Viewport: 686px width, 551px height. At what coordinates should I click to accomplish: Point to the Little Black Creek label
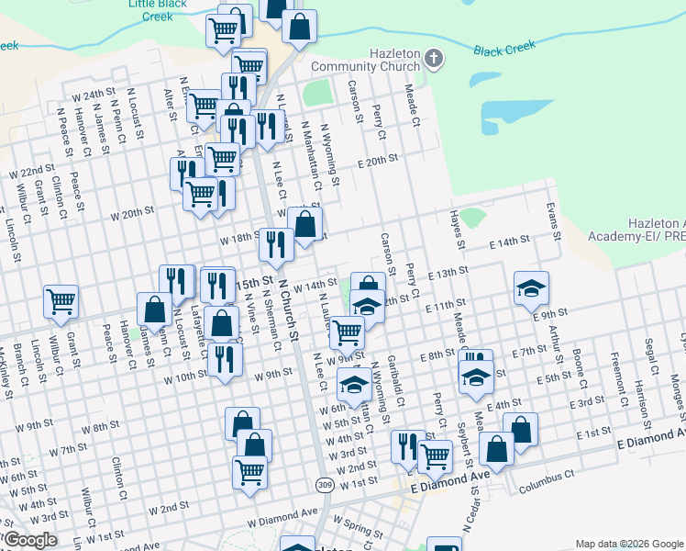point(158,8)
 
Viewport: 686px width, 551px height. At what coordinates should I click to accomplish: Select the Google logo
point(30,541)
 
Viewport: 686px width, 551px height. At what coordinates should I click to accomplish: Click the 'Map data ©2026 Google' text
point(629,544)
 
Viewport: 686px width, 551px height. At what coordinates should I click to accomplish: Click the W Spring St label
point(358,525)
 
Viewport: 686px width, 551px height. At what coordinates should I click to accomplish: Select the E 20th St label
point(378,159)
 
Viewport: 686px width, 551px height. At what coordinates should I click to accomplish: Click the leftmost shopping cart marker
point(61,300)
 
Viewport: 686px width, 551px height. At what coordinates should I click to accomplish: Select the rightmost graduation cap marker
point(531,289)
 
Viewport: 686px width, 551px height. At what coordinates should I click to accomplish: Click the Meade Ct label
point(412,108)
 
